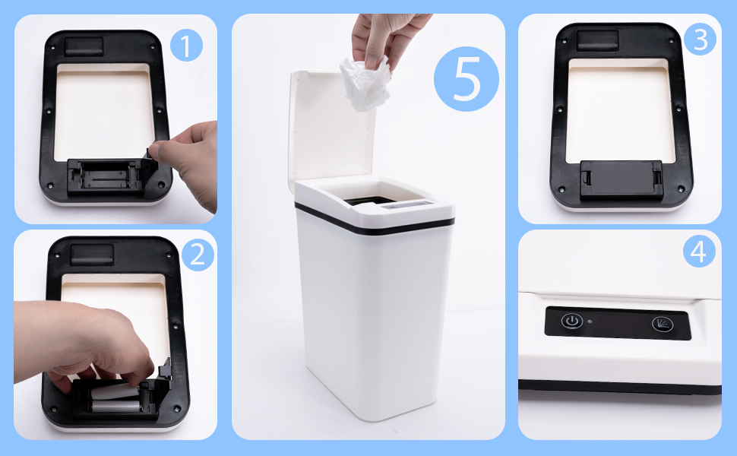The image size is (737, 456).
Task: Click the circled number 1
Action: coord(186,46)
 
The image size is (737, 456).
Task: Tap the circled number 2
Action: coord(198,255)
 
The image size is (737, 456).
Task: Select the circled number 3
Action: coord(700,39)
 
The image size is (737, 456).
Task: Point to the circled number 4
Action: coord(699,251)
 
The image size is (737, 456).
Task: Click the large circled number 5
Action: coord(467,79)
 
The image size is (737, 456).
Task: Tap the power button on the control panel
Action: coord(571,321)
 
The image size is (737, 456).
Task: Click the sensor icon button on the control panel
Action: coord(663,324)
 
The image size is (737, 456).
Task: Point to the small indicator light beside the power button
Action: coord(590,322)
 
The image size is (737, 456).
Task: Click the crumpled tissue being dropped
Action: coord(365,84)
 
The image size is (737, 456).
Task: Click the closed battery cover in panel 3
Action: coord(621,178)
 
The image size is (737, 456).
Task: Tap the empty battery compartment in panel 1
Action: coord(106,176)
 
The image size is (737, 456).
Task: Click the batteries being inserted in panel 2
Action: coord(115,397)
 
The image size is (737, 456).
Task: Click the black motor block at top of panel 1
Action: coord(84,46)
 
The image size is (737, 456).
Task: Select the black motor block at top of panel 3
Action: coord(597,40)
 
